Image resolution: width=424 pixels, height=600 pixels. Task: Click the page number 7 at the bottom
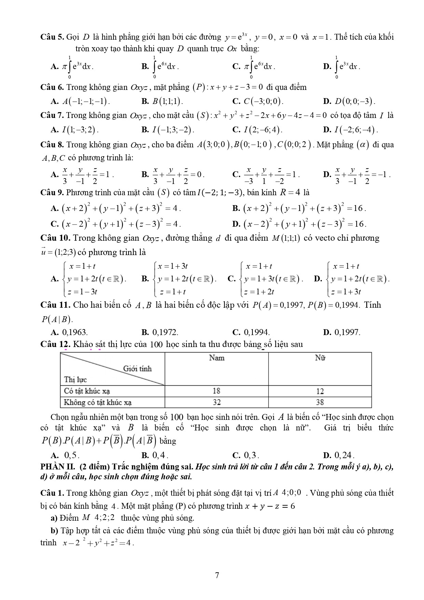(217, 575)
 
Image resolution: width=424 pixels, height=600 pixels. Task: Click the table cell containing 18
(216, 391)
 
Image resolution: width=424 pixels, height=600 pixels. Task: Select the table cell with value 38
(320, 402)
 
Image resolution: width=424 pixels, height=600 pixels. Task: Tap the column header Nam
(217, 358)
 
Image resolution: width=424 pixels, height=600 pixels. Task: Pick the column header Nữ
(320, 358)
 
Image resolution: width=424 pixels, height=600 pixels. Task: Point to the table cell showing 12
(320, 391)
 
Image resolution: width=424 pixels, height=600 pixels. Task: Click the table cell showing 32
(216, 402)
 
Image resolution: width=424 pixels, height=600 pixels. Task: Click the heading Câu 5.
(52, 37)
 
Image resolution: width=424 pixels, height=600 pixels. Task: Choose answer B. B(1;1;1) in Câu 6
(162, 101)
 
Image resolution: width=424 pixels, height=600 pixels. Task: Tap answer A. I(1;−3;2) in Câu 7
(74, 130)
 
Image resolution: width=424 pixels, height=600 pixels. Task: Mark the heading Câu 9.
(52, 192)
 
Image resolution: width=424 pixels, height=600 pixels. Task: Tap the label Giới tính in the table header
(137, 369)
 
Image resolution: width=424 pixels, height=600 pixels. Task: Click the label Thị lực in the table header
(76, 379)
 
